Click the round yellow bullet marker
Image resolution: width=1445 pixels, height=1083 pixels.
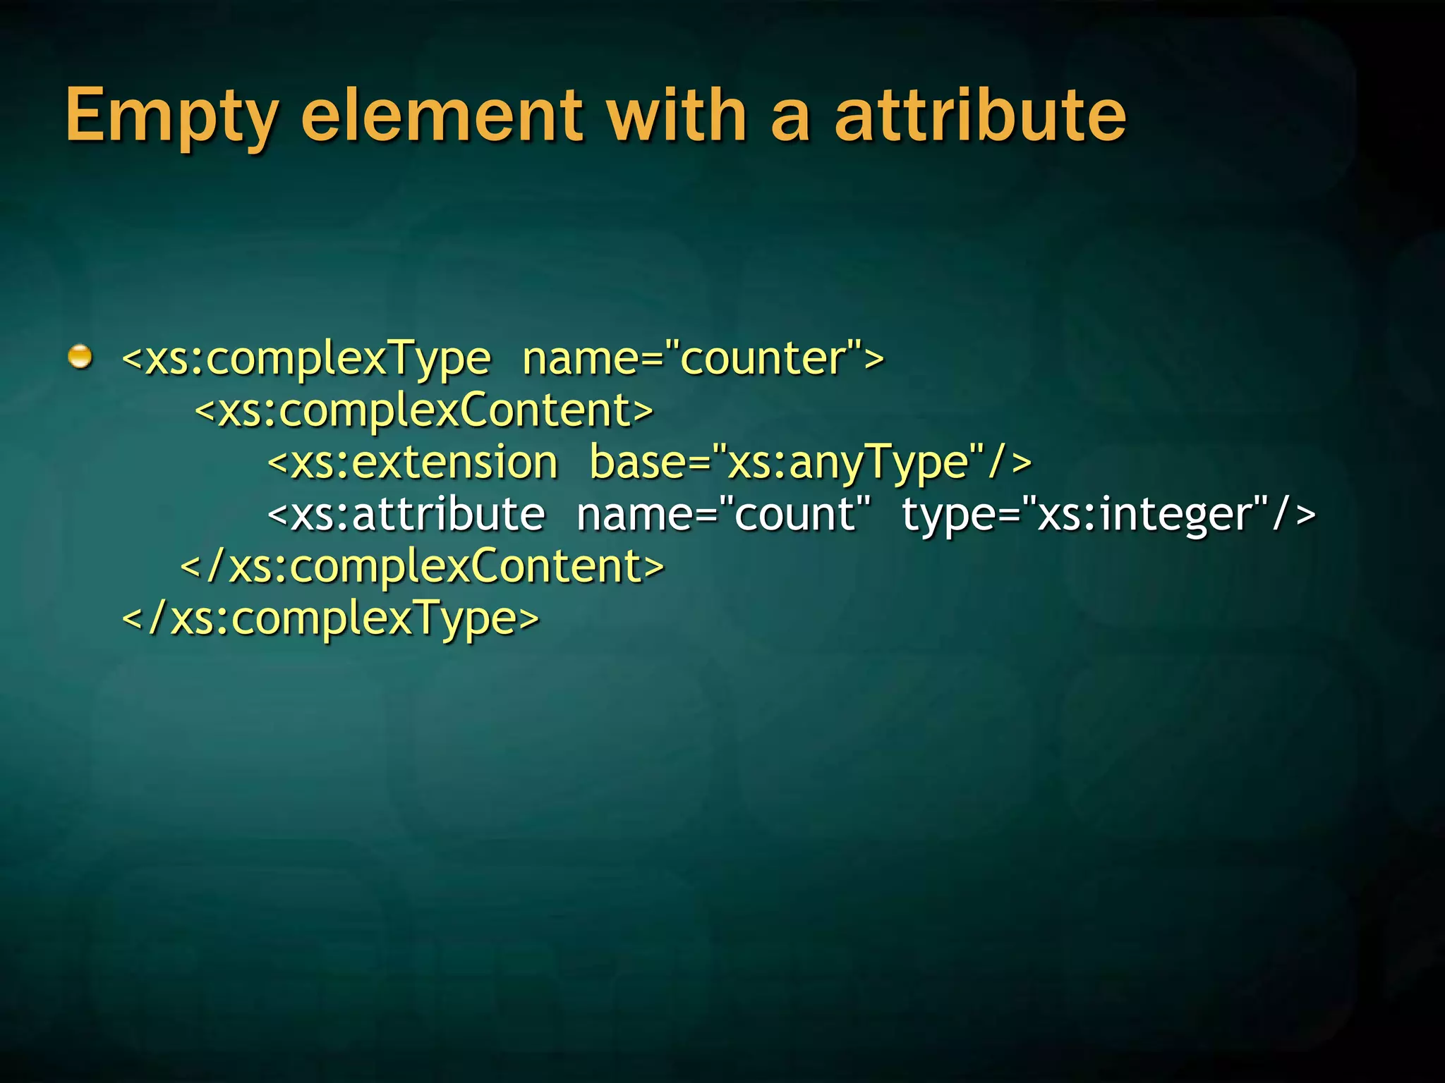[80, 357]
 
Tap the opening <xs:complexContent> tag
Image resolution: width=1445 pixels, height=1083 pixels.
[424, 410]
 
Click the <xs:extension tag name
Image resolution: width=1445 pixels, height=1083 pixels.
[413, 463]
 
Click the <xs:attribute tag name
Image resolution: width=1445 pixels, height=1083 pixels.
[406, 514]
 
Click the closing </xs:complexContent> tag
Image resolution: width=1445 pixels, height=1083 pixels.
[422, 566]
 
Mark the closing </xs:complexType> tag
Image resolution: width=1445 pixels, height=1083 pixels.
[330, 619]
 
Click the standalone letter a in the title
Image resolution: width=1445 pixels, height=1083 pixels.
[790, 116]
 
